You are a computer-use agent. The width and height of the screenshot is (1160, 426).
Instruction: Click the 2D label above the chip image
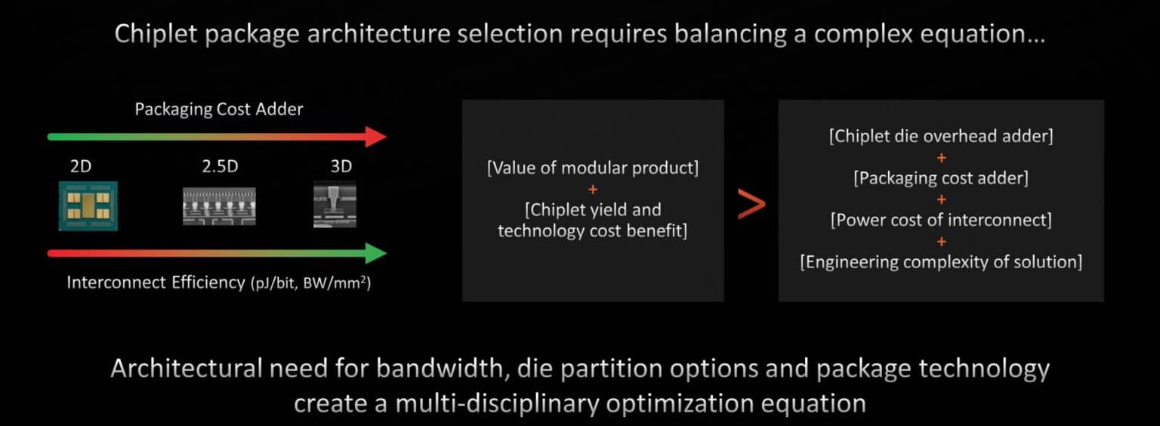click(81, 166)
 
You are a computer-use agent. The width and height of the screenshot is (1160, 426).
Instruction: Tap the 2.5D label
click(220, 166)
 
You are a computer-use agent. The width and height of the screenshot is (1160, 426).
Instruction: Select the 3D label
click(341, 166)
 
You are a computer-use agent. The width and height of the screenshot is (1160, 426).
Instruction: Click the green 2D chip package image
click(88, 205)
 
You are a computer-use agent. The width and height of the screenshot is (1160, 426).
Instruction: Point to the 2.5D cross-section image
click(219, 206)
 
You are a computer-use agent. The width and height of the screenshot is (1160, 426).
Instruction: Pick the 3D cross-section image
click(335, 204)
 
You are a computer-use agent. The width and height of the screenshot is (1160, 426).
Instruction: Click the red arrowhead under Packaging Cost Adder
click(375, 137)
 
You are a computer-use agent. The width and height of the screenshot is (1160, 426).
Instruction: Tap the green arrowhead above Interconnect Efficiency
click(375, 254)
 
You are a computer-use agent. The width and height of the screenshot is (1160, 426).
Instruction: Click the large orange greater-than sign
click(751, 204)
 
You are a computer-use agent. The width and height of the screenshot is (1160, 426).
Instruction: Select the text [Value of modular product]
click(593, 168)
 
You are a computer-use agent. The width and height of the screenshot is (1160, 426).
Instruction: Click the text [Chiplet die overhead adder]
click(941, 136)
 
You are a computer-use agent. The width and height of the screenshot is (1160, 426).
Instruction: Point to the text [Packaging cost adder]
click(941, 178)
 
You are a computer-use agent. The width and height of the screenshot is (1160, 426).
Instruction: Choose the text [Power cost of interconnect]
click(941, 221)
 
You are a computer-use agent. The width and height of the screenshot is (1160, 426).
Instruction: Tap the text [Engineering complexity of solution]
click(941, 262)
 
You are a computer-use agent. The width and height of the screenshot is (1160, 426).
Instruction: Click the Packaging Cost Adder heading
click(219, 110)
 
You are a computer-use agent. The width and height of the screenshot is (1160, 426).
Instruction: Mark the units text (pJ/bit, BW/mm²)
click(310, 283)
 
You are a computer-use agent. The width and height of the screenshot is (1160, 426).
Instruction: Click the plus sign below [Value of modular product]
click(593, 190)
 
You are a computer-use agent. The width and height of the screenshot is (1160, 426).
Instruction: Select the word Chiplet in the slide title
click(156, 34)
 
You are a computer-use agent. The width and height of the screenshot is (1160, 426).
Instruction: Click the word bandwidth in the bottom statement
click(440, 369)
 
